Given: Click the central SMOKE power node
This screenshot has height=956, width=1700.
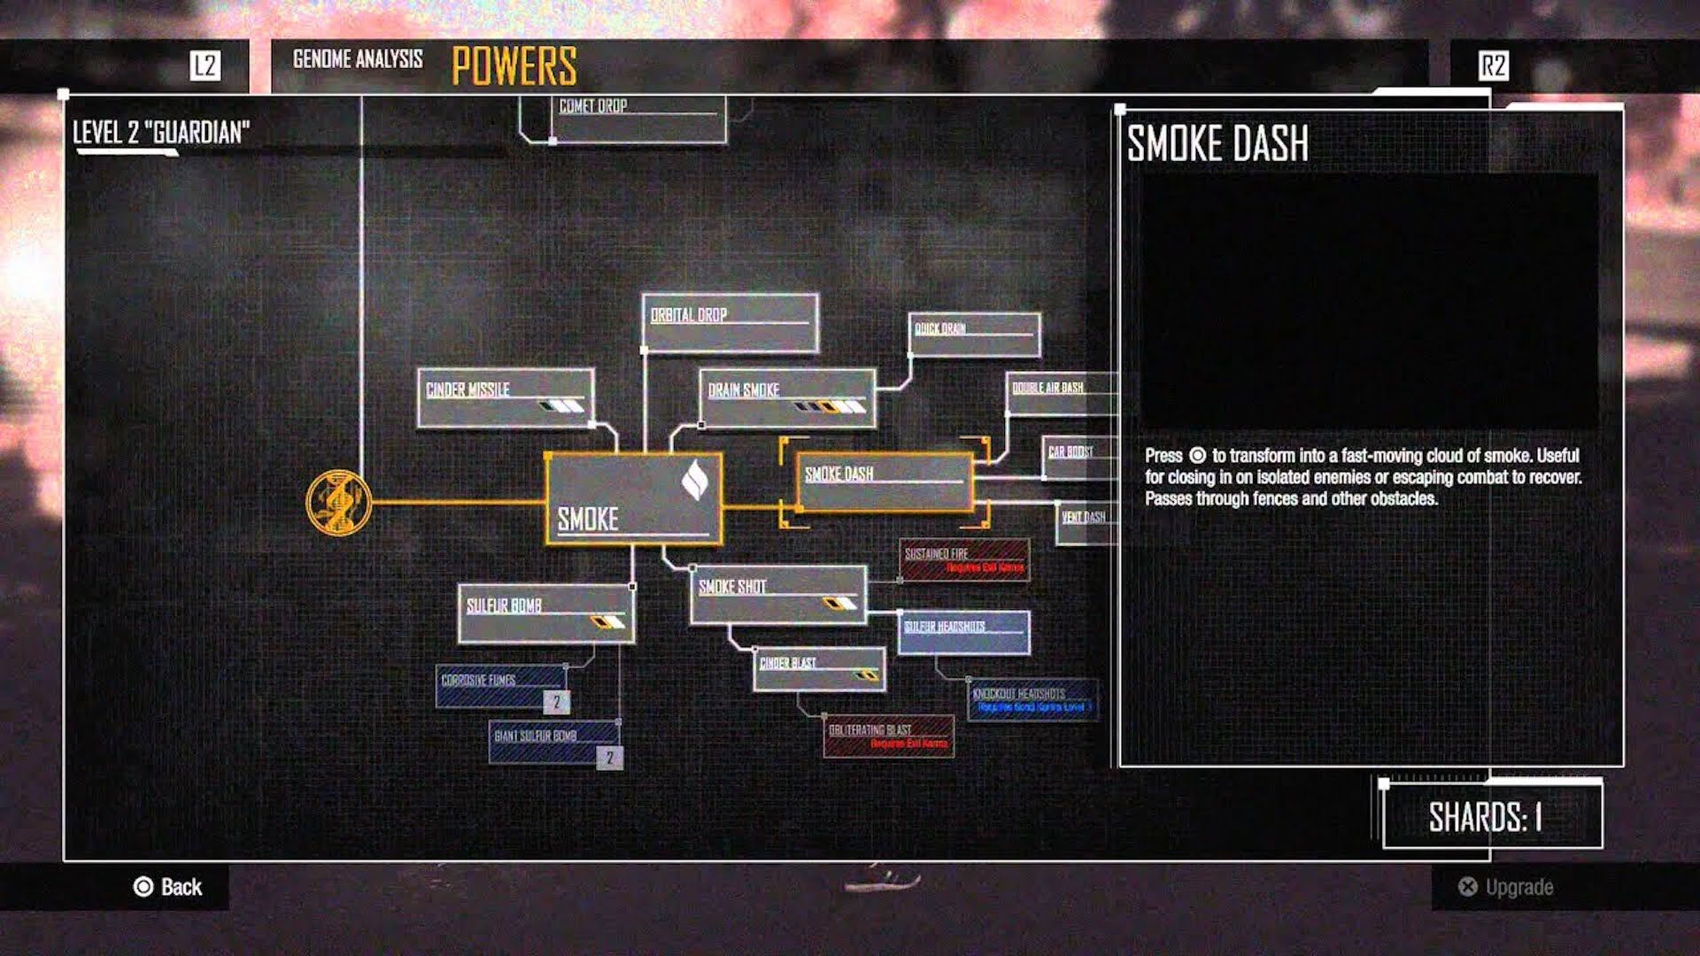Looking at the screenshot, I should click(633, 498).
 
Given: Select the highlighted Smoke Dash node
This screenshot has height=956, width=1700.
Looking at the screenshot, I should click(884, 482).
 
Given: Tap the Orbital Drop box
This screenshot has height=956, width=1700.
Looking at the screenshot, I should click(730, 323).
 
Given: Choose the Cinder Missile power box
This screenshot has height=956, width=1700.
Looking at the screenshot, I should click(505, 398).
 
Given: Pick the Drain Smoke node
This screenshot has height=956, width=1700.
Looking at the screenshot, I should click(786, 398).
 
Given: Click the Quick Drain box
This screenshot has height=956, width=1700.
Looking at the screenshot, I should click(974, 335).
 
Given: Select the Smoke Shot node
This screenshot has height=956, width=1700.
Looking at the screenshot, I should click(777, 595).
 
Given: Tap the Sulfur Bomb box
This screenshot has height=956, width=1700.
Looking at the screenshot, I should click(545, 613).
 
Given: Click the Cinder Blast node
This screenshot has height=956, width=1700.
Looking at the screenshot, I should click(819, 669).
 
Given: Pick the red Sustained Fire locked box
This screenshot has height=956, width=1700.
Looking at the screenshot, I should click(964, 560).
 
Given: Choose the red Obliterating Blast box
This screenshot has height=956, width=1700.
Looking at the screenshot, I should click(888, 736).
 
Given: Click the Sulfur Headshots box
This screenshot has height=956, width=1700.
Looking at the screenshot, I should click(963, 632).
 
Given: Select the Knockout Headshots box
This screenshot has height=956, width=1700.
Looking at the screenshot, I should click(1032, 699).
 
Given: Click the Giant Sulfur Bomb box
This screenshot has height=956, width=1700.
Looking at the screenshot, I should click(554, 742).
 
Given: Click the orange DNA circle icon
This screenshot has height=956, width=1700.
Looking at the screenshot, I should click(338, 502).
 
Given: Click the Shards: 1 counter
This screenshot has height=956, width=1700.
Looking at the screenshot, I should click(1492, 816).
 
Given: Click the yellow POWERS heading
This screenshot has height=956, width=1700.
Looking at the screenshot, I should click(514, 66).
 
